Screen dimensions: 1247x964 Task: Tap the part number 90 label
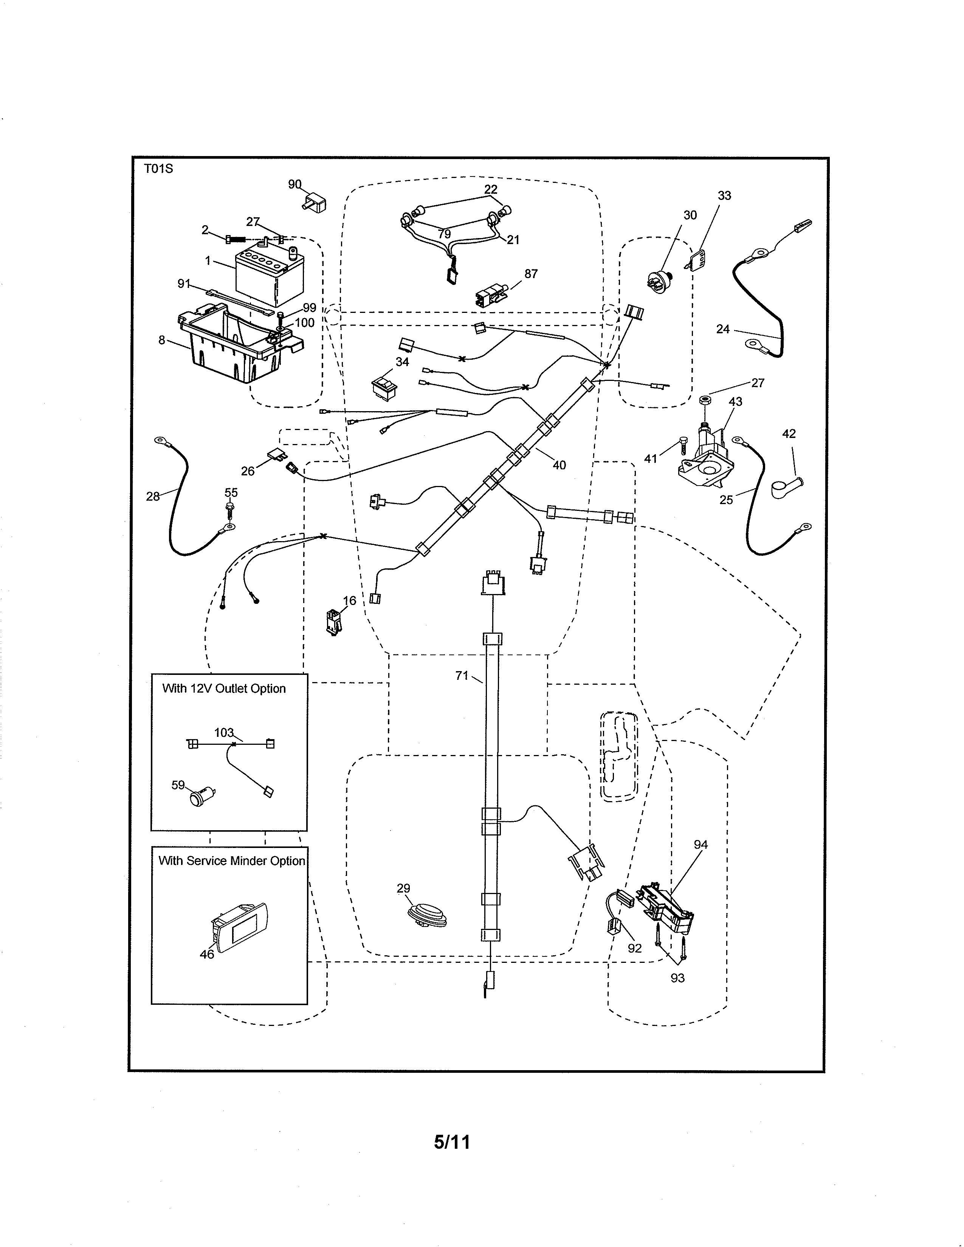pos(295,184)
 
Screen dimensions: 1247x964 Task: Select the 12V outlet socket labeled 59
pos(201,796)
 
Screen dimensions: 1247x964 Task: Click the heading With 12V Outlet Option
pos(224,688)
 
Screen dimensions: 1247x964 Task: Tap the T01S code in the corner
pos(158,169)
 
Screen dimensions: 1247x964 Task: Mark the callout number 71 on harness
pos(462,676)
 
